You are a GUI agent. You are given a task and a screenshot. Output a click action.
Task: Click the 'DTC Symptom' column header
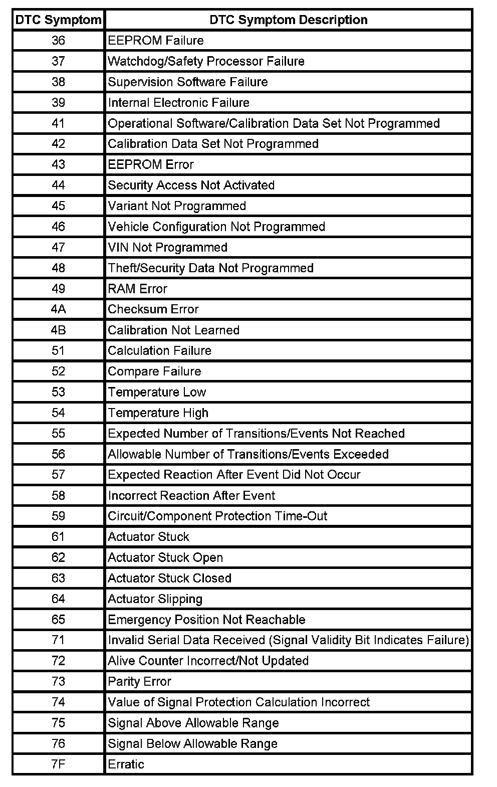(x=58, y=20)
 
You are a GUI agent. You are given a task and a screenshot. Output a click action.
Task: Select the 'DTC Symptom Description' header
(x=288, y=20)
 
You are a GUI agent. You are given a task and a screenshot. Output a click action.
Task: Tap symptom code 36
(x=58, y=41)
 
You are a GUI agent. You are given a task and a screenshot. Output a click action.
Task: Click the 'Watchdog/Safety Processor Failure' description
(x=206, y=61)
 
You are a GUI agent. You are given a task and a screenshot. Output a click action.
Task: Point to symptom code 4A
(x=58, y=309)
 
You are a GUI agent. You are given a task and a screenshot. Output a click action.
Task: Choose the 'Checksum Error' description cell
(x=153, y=309)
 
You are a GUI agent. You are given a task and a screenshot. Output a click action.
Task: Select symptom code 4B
(x=58, y=330)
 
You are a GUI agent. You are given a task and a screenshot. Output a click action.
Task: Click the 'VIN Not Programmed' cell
(x=167, y=247)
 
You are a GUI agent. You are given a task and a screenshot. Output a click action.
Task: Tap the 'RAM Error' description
(x=137, y=289)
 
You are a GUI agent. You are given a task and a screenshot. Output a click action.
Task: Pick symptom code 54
(x=58, y=413)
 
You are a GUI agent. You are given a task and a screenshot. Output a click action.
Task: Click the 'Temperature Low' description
(x=157, y=392)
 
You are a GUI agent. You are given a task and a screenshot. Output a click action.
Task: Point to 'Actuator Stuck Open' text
(x=165, y=557)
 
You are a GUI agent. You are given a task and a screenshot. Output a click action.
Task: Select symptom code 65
(x=58, y=620)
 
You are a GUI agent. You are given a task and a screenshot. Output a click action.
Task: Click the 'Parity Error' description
(x=139, y=682)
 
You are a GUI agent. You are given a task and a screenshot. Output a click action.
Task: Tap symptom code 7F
(x=58, y=764)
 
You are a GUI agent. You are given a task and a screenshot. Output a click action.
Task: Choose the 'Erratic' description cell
(x=126, y=764)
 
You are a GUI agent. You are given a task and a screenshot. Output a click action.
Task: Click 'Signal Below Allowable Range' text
(x=192, y=744)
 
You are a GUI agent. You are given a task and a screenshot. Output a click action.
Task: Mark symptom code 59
(x=58, y=516)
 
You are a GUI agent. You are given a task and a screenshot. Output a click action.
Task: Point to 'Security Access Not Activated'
(x=191, y=185)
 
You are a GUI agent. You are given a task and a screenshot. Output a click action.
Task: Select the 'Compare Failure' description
(x=154, y=371)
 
